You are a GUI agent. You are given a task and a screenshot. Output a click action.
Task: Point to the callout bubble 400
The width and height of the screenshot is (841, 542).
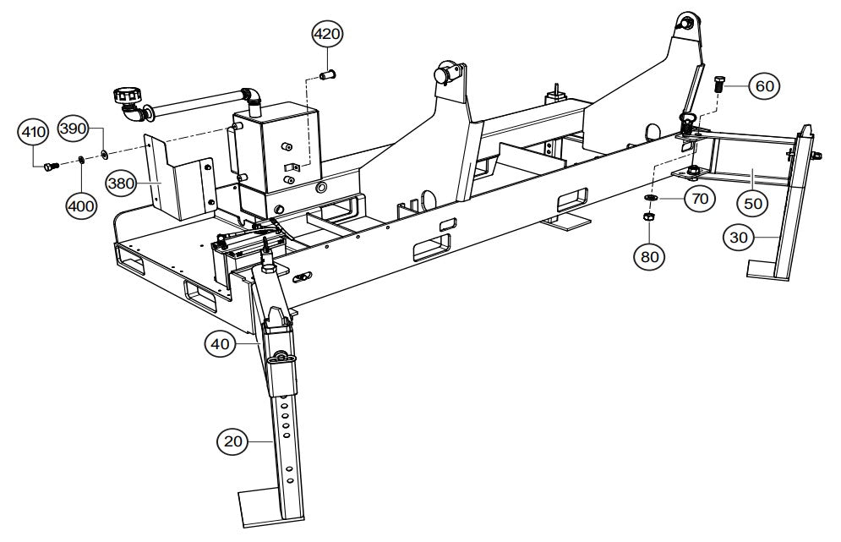[81, 204]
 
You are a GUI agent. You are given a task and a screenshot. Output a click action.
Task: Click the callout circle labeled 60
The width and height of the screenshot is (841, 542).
[763, 86]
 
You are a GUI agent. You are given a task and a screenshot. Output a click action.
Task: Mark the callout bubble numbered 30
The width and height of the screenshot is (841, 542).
[740, 239]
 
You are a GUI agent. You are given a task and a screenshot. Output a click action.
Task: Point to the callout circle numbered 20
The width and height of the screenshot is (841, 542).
[232, 440]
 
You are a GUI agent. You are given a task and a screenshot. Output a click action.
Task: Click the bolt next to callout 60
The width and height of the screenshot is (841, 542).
[717, 85]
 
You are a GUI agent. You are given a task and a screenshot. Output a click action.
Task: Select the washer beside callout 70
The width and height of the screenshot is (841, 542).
[650, 198]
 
